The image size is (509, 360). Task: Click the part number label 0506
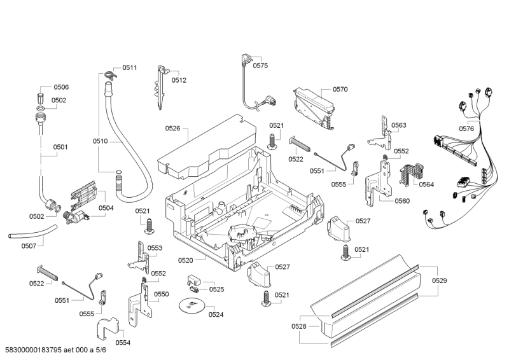(60, 87)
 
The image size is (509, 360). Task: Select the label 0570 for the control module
(340, 90)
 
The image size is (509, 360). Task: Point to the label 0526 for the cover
(173, 128)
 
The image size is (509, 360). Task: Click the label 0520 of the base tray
(186, 260)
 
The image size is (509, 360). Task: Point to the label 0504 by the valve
(106, 208)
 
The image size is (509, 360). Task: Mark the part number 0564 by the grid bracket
(426, 184)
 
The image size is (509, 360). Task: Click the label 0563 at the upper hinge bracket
(399, 125)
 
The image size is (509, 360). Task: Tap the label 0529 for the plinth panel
(440, 280)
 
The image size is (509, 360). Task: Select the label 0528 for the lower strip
(299, 326)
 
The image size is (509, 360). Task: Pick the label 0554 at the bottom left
(123, 343)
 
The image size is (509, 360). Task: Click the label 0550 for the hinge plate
(162, 294)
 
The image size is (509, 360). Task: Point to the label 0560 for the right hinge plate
(401, 201)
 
